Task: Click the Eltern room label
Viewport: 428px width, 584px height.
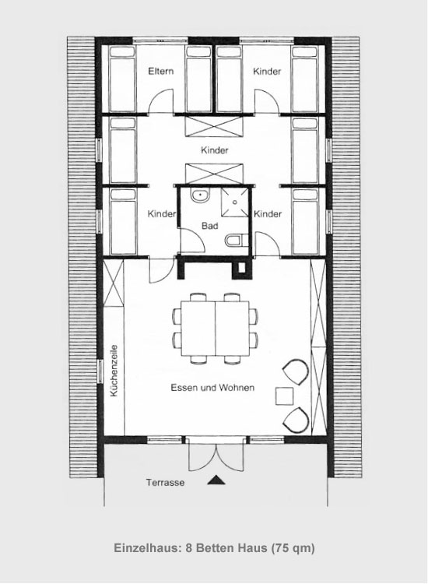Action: click(161, 71)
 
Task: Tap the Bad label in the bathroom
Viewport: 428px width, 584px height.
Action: click(210, 226)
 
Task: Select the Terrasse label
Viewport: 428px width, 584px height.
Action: click(165, 483)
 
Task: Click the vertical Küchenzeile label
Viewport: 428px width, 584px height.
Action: click(114, 371)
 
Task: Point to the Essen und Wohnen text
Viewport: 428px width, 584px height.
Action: click(212, 387)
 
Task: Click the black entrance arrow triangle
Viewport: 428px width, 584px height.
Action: click(216, 480)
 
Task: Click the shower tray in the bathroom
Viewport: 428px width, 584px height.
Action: click(235, 202)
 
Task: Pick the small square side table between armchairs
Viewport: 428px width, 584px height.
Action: click(284, 396)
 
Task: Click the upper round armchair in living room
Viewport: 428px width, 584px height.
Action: click(296, 371)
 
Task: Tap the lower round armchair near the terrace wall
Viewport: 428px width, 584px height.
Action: click(296, 420)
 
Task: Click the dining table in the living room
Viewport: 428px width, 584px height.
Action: click(215, 329)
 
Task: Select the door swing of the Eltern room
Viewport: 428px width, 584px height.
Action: click(161, 100)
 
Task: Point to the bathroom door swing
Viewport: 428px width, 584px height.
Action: click(192, 241)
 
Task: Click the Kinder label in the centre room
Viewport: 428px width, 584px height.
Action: click(214, 150)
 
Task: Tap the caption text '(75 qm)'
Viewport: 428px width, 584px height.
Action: click(293, 548)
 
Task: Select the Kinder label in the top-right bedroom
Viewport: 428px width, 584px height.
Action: click(267, 71)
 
